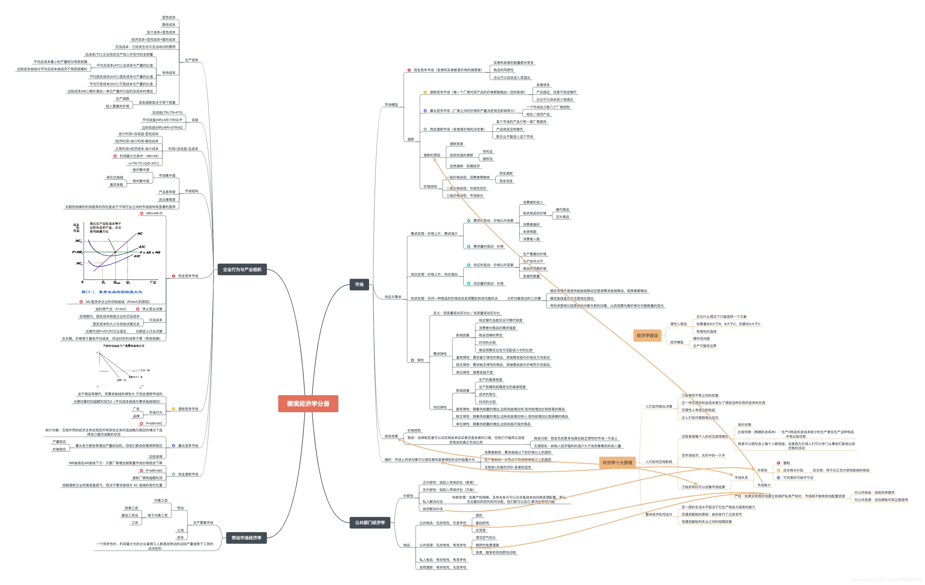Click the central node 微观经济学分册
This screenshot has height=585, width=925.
[308, 404]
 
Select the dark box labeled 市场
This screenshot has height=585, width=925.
[359, 285]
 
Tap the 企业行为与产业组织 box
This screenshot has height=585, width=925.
[242, 270]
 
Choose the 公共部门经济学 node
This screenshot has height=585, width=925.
[370, 523]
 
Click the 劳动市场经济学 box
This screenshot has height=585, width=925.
[246, 538]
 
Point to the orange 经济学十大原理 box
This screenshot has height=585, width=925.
[617, 463]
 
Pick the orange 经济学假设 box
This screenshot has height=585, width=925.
[647, 336]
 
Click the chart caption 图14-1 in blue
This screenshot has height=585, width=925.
[112, 292]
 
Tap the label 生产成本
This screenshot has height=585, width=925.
[191, 60]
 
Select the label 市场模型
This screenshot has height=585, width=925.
[391, 105]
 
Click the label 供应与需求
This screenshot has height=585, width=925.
[393, 297]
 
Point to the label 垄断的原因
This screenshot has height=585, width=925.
[432, 155]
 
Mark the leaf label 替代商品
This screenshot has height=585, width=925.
[562, 210]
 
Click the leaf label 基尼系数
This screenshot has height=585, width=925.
[116, 185]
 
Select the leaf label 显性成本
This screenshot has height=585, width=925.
[169, 18]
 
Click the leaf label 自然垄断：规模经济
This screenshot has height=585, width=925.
[465, 166]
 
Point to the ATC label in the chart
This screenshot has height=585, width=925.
[142, 247]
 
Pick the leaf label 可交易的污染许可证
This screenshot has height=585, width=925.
[798, 478]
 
